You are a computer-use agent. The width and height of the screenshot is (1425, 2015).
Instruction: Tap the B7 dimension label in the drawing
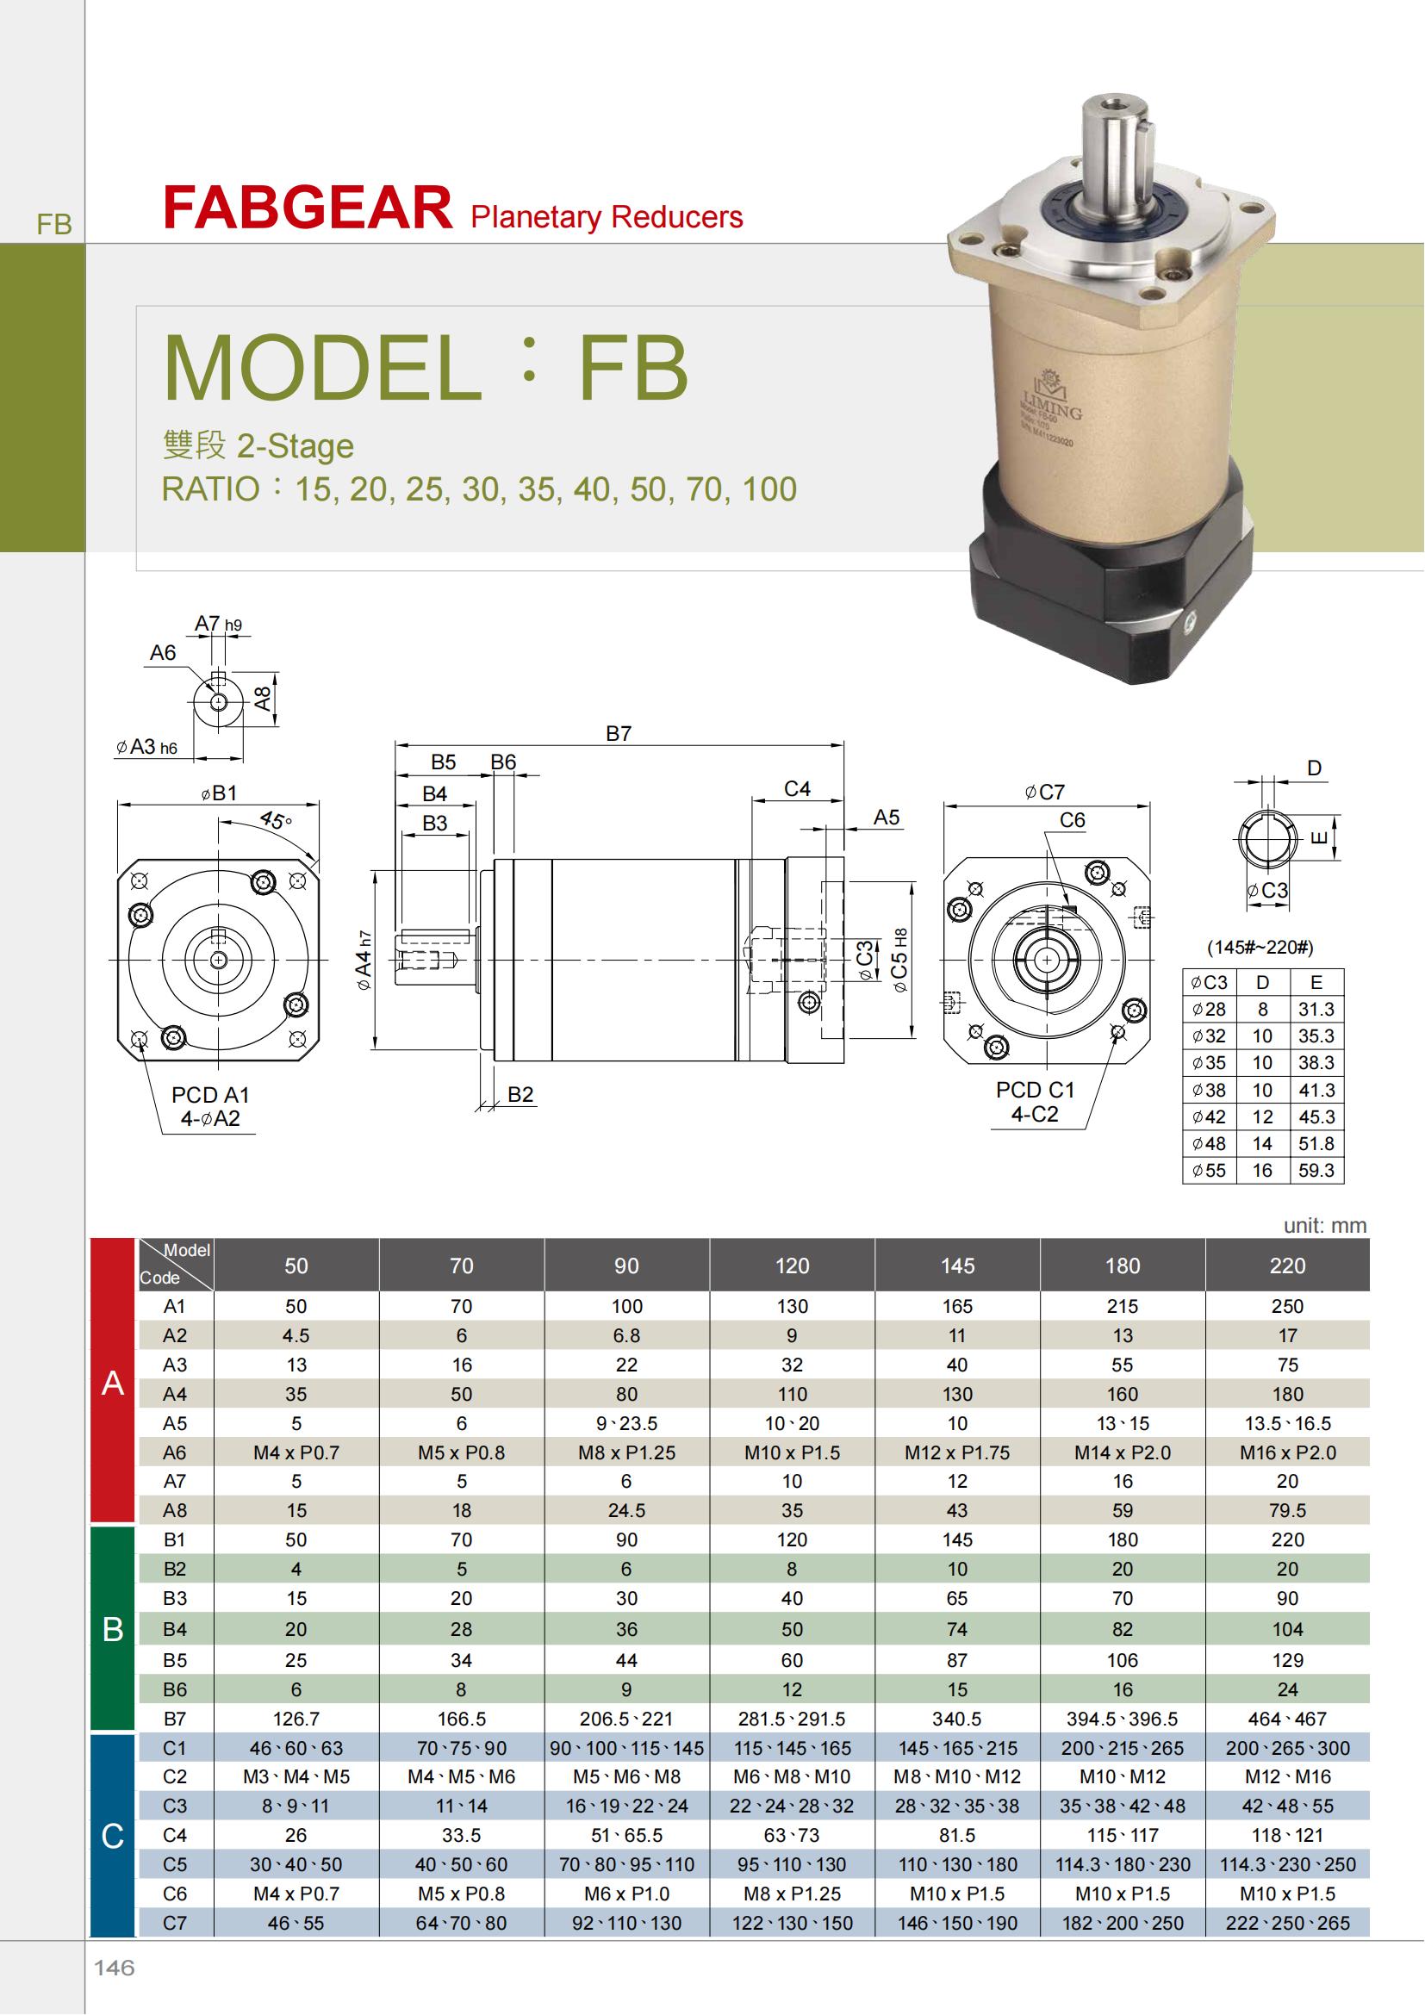[619, 734]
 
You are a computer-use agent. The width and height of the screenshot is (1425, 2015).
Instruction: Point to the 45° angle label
[276, 821]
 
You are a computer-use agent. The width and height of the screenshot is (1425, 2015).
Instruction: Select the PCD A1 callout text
[210, 1095]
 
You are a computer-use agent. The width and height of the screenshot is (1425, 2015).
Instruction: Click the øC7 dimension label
[1044, 793]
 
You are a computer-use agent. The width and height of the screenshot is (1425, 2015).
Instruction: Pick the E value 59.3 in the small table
[1316, 1171]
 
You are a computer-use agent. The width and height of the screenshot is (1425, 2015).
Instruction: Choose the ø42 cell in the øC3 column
[1209, 1117]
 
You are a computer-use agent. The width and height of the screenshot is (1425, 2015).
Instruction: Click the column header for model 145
[957, 1266]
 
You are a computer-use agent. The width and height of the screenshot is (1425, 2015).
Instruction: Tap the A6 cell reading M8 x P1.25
[626, 1452]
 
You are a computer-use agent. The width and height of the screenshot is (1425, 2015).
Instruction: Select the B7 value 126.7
[296, 1719]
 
